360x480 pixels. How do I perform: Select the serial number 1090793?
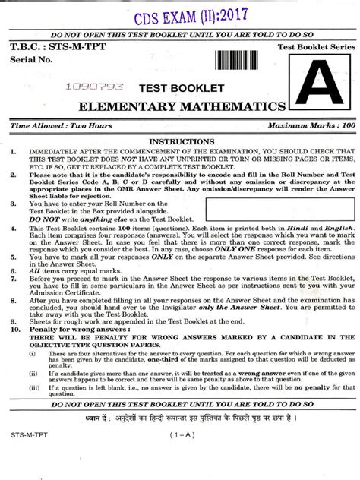[95, 88]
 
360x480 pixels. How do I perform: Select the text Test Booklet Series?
[307, 48]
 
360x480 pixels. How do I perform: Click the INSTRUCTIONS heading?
[181, 141]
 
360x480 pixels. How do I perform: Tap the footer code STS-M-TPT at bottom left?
[29, 455]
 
